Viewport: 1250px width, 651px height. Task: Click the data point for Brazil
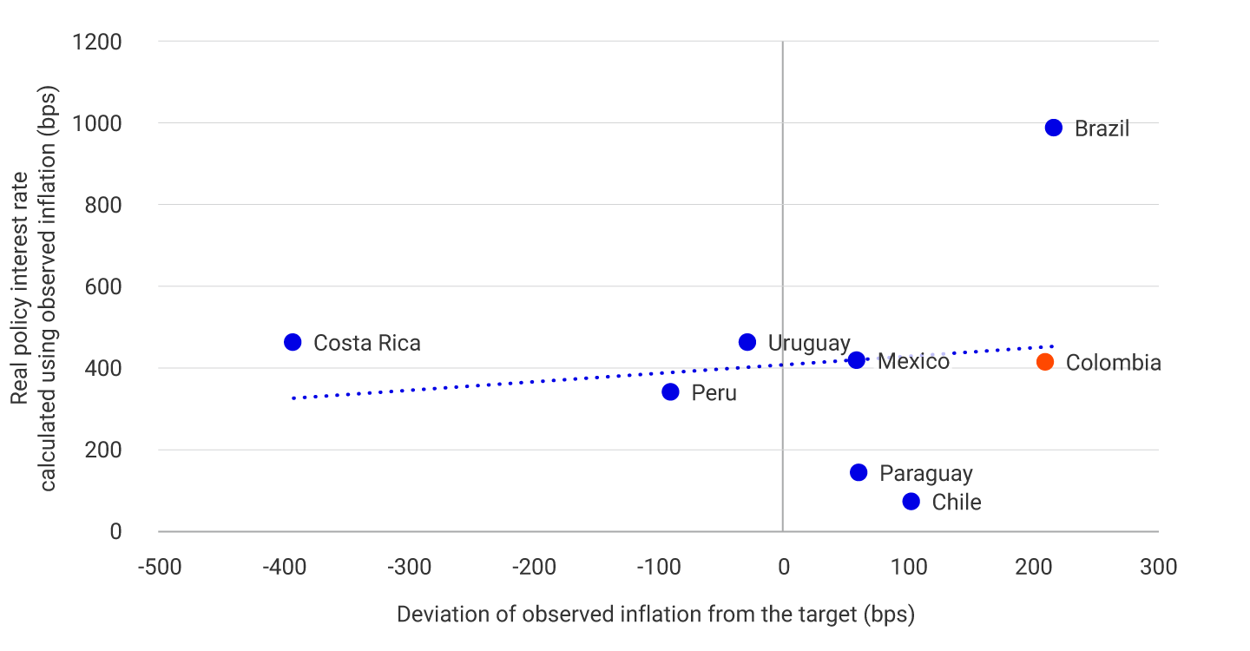click(x=1054, y=128)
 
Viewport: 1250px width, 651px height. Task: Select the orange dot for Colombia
click(x=1045, y=362)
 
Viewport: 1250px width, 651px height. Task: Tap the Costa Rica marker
click(x=293, y=342)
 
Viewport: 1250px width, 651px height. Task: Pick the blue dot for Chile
click(x=911, y=502)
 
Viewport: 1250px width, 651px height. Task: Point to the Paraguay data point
click(x=859, y=472)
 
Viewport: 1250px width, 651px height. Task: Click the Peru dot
click(x=670, y=391)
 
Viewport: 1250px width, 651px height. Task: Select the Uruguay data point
click(x=747, y=342)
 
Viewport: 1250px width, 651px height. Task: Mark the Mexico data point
click(x=856, y=359)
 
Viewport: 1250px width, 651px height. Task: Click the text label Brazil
click(x=1102, y=129)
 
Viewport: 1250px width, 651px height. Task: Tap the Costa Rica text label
click(x=366, y=344)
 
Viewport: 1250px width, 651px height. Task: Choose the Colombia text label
click(x=1113, y=363)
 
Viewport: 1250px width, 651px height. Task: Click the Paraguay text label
click(x=925, y=474)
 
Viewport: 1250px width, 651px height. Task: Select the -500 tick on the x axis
click(x=159, y=568)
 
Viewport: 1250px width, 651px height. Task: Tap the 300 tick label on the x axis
click(x=1158, y=568)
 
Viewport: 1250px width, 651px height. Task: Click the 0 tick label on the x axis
click(x=783, y=568)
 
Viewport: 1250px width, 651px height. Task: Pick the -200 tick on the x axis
click(x=533, y=568)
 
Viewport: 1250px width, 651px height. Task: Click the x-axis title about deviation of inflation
click(x=655, y=615)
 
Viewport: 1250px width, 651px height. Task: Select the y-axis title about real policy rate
click(x=35, y=286)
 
